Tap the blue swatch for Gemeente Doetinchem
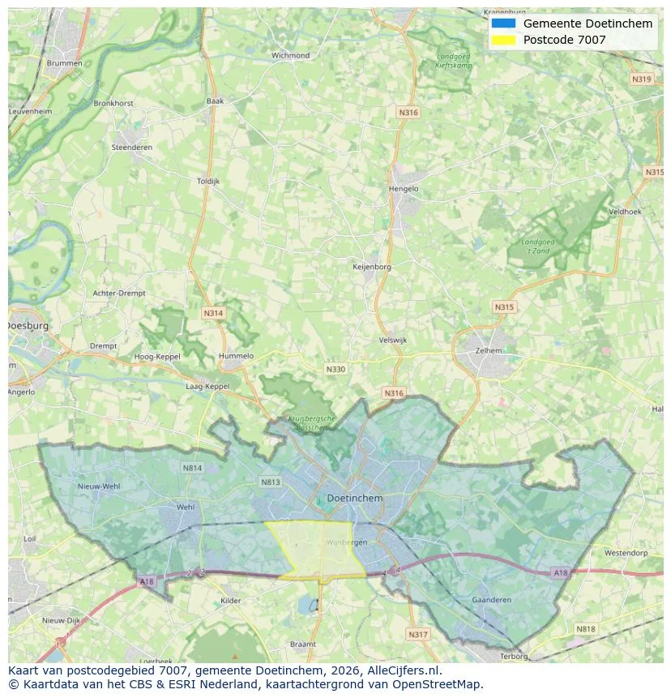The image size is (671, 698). (x=503, y=24)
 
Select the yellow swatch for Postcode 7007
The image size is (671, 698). (x=503, y=40)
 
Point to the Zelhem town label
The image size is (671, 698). (x=489, y=350)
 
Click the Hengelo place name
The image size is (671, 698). (x=404, y=189)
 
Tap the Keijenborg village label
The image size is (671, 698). (x=372, y=267)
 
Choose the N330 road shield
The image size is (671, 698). (x=335, y=369)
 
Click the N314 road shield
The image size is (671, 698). (x=213, y=313)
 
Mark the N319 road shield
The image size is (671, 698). (x=641, y=79)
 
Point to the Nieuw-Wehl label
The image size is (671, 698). (x=99, y=486)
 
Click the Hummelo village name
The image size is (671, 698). (x=236, y=356)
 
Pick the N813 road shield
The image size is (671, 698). (x=270, y=482)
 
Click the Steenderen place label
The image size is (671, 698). (x=131, y=148)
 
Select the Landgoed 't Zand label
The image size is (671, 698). (x=536, y=246)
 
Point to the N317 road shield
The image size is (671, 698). (x=417, y=634)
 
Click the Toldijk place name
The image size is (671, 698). (x=208, y=182)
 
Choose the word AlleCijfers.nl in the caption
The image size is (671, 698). (x=402, y=670)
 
